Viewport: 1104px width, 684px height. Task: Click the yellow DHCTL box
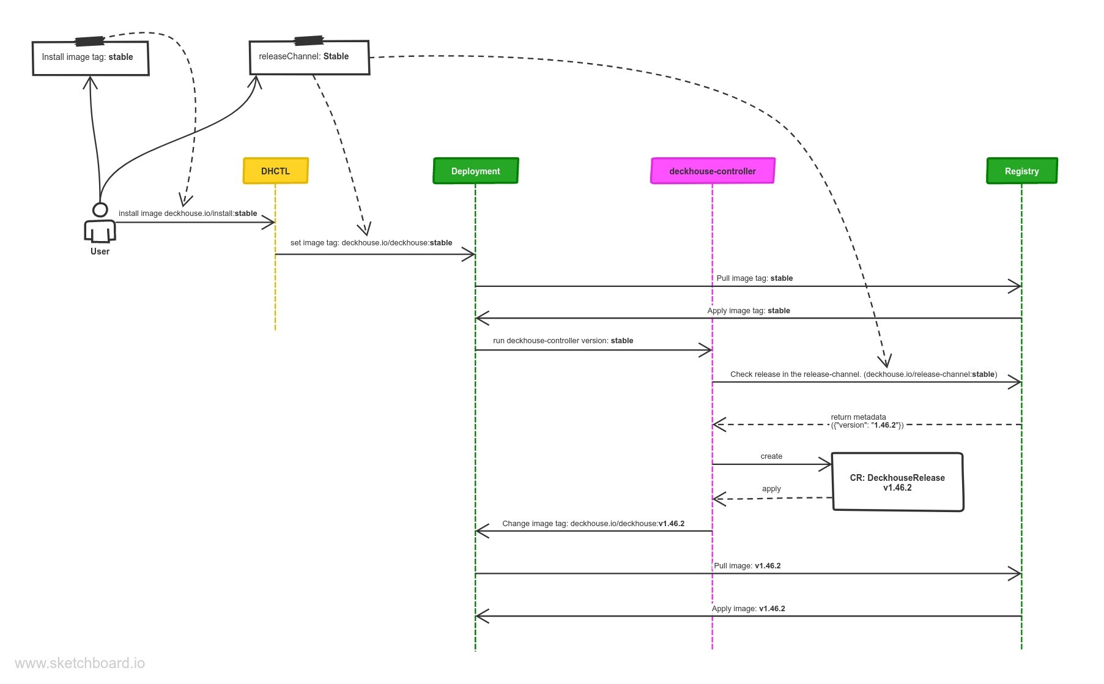(x=275, y=171)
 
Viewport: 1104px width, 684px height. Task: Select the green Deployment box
(x=475, y=171)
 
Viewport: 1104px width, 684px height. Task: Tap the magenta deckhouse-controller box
(x=713, y=171)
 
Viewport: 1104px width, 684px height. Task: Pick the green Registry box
(x=1021, y=171)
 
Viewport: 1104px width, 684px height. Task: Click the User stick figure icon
(x=100, y=224)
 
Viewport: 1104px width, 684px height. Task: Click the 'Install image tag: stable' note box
(x=91, y=58)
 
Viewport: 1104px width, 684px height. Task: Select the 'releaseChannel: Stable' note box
(x=309, y=58)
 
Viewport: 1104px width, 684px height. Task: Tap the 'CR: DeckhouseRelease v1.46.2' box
(x=897, y=482)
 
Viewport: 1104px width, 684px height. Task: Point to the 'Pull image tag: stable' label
(x=754, y=278)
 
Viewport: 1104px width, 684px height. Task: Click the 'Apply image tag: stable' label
(x=748, y=311)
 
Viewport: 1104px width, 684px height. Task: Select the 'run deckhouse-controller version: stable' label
(x=563, y=341)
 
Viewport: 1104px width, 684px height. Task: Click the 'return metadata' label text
(x=858, y=417)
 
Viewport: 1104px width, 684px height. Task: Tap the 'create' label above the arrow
(x=771, y=456)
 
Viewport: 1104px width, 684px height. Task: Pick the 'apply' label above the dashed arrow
(x=771, y=489)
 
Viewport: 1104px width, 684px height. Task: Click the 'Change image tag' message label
(x=593, y=524)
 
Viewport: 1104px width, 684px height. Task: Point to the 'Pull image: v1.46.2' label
(x=747, y=566)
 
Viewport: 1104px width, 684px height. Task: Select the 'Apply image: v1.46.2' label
(x=748, y=609)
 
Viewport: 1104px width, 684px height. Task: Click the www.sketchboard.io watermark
(x=80, y=663)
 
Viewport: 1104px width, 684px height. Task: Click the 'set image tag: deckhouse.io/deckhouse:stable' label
(x=371, y=243)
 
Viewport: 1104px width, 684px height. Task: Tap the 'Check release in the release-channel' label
(x=863, y=374)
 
